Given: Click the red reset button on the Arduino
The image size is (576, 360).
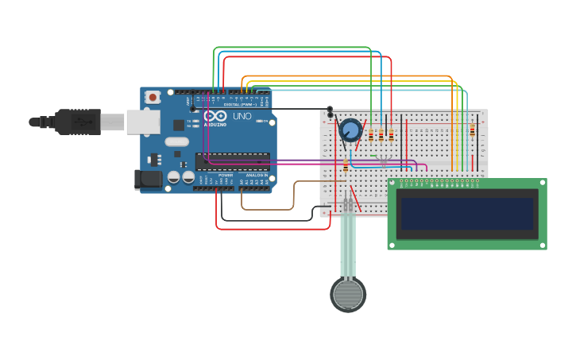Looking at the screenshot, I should [x=153, y=97].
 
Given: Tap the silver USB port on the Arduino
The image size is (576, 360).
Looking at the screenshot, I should [x=143, y=122].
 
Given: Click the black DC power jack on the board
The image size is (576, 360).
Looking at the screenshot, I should [x=147, y=180].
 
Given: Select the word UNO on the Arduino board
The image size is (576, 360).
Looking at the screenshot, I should [x=242, y=117].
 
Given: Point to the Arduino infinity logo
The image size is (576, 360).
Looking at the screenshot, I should [x=215, y=116].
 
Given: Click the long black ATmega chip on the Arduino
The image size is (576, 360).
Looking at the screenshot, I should [x=232, y=162].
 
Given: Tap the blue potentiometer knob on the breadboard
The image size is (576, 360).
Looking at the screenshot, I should [x=350, y=130].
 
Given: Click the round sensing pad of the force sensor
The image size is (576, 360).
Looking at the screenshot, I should [x=348, y=294].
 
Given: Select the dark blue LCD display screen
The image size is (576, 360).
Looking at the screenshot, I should [x=467, y=214].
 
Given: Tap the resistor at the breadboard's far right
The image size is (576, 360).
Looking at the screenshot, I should [x=472, y=130].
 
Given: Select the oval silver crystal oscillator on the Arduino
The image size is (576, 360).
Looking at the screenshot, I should [x=177, y=141].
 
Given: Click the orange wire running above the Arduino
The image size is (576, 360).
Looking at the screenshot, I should [x=350, y=76].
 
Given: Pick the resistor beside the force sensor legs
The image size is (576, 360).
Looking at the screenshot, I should [x=346, y=165].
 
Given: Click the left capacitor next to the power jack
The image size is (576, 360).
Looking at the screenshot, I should [x=173, y=179].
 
